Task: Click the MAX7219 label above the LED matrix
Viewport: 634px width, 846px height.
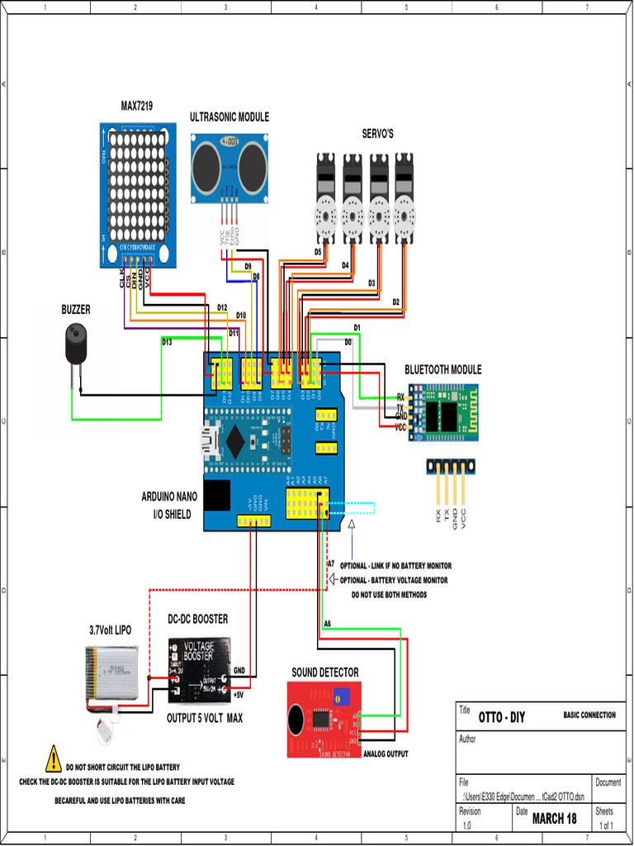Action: point(136,106)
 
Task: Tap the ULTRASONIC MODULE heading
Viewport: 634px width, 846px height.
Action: point(229,117)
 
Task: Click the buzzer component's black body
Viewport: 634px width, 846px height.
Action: point(76,344)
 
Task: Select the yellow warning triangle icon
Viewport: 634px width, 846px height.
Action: point(54,758)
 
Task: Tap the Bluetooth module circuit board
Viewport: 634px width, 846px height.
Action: point(447,411)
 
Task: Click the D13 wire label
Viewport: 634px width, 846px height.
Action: point(167,341)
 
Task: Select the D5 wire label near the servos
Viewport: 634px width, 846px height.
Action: point(318,251)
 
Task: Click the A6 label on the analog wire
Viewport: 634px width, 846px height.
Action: point(327,623)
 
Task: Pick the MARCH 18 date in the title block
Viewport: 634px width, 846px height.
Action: point(554,819)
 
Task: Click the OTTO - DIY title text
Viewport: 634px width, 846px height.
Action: point(502,716)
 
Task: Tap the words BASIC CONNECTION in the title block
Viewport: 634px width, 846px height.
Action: point(589,715)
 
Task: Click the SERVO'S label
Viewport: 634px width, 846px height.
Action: point(377,134)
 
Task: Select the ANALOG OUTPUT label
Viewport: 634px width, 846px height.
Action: point(386,753)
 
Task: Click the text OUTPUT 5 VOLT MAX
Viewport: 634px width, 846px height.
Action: point(205,718)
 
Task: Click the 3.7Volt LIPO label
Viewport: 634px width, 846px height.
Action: point(110,630)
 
